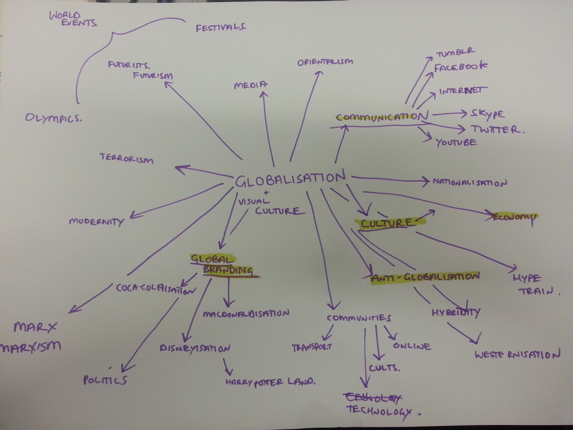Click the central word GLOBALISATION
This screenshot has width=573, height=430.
click(290, 179)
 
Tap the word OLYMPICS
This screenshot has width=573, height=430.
click(53, 117)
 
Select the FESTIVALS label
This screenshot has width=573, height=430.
click(221, 28)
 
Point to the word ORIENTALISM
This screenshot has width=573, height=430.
click(325, 62)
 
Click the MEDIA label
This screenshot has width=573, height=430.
click(251, 85)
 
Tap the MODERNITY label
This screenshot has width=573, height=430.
click(96, 222)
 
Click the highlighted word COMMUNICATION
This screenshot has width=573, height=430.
click(382, 117)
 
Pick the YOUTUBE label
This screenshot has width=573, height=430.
click(456, 143)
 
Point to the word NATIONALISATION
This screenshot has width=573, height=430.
click(470, 182)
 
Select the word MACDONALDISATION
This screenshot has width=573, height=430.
click(246, 314)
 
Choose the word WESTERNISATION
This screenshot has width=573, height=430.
click(517, 355)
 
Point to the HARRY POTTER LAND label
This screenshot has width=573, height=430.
click(270, 382)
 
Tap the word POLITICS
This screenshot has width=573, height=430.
click(105, 379)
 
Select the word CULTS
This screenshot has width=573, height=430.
click(384, 368)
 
